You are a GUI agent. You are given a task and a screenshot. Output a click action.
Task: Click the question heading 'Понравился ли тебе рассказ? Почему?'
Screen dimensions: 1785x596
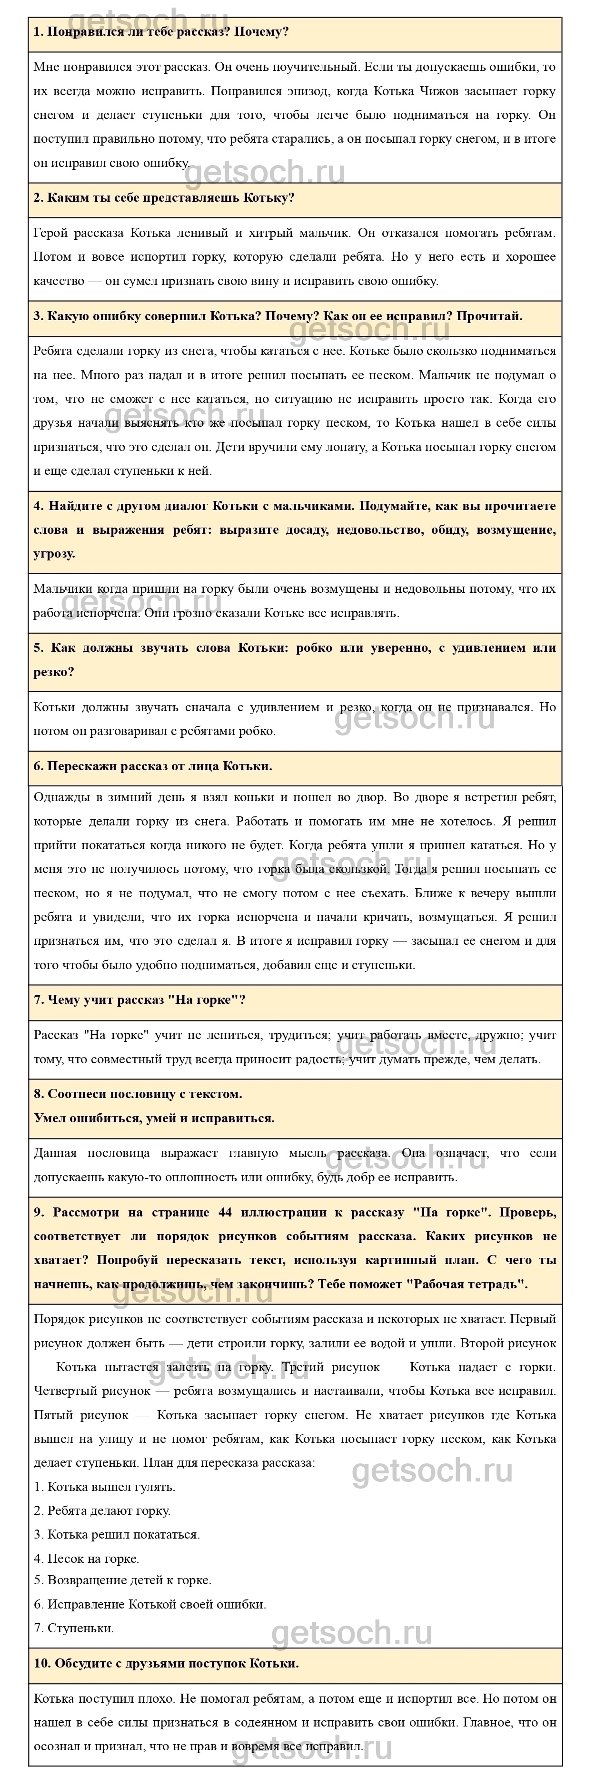click(x=161, y=32)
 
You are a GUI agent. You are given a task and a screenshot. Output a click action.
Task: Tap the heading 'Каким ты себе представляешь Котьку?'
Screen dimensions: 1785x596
click(x=164, y=197)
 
